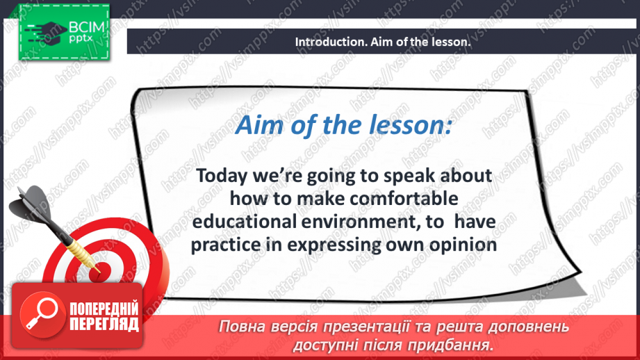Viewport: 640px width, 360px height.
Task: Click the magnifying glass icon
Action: click(x=42, y=313)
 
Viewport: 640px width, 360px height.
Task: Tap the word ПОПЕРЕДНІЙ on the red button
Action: click(x=104, y=309)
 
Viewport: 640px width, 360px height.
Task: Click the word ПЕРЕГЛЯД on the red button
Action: click(x=104, y=324)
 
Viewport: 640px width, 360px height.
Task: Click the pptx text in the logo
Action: click(x=81, y=39)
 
